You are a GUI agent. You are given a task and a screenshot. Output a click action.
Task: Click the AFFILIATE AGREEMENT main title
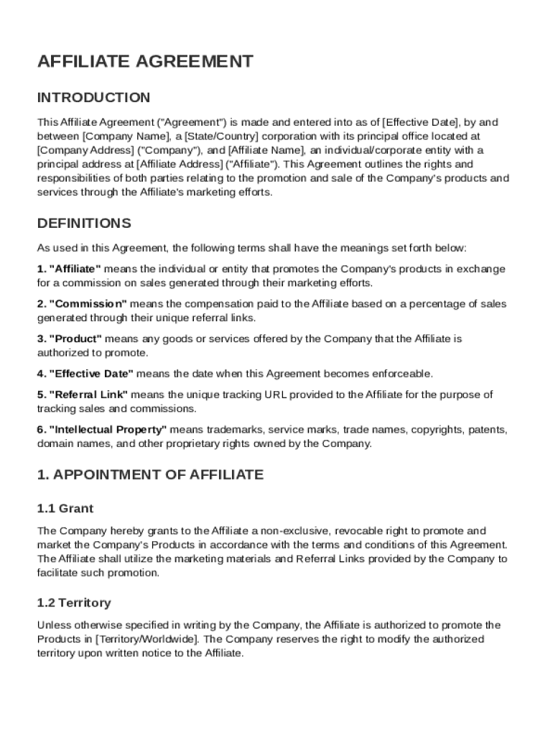click(145, 62)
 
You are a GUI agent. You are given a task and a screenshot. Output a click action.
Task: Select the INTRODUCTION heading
click(94, 98)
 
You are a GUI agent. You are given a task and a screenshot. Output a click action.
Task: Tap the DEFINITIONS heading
click(84, 223)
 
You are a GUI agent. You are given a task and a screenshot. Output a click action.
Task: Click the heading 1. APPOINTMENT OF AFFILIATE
click(150, 475)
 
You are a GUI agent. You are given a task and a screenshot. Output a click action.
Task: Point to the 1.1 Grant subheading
click(65, 509)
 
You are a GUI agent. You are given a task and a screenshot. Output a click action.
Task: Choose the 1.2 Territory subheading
click(74, 603)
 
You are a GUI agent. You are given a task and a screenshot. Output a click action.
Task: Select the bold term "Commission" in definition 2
click(88, 304)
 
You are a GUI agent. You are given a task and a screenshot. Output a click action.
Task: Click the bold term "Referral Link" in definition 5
click(88, 395)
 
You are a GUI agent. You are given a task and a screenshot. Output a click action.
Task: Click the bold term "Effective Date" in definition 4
click(91, 374)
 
